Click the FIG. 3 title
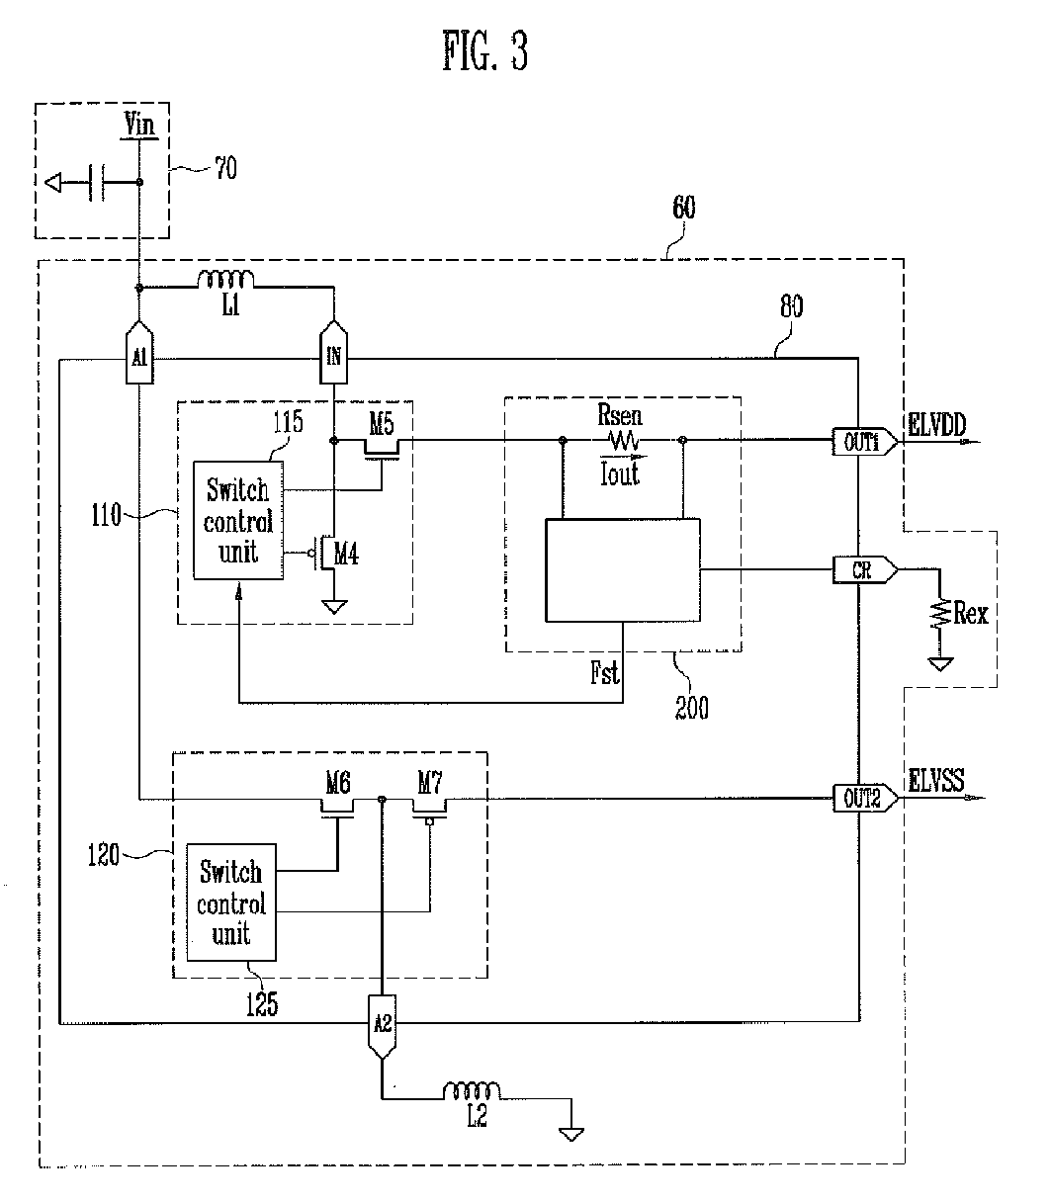(485, 50)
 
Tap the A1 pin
(139, 353)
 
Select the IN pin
(333, 353)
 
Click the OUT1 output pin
(864, 442)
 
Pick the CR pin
(864, 569)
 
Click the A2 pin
(382, 1027)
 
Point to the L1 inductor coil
(225, 280)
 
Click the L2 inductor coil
(472, 1091)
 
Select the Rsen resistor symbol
(624, 441)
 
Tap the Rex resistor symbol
(940, 614)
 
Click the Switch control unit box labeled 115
(238, 520)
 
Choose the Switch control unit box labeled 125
(231, 902)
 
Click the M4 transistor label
(346, 554)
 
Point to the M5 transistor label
(382, 423)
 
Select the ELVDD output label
(937, 424)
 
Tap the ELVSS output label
(936, 780)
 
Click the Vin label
(139, 125)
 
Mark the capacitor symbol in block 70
(97, 183)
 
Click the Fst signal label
(605, 672)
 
